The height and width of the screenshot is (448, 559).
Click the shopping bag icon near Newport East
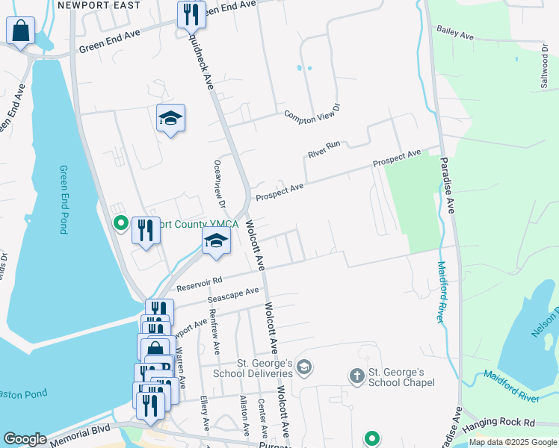pos(21,32)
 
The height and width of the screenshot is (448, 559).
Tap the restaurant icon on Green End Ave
pos(191,14)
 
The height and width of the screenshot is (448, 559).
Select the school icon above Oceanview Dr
pos(170,119)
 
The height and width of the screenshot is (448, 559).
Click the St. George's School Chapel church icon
pos(357,375)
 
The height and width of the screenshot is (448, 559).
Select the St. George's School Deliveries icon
pos(303,366)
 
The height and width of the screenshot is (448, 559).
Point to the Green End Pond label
pos(63,199)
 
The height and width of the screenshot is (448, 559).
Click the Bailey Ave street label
pos(456,35)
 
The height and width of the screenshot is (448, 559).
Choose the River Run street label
pos(324,149)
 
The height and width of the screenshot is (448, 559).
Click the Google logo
pos(25,439)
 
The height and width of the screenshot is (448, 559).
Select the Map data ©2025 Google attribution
pos(512,442)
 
